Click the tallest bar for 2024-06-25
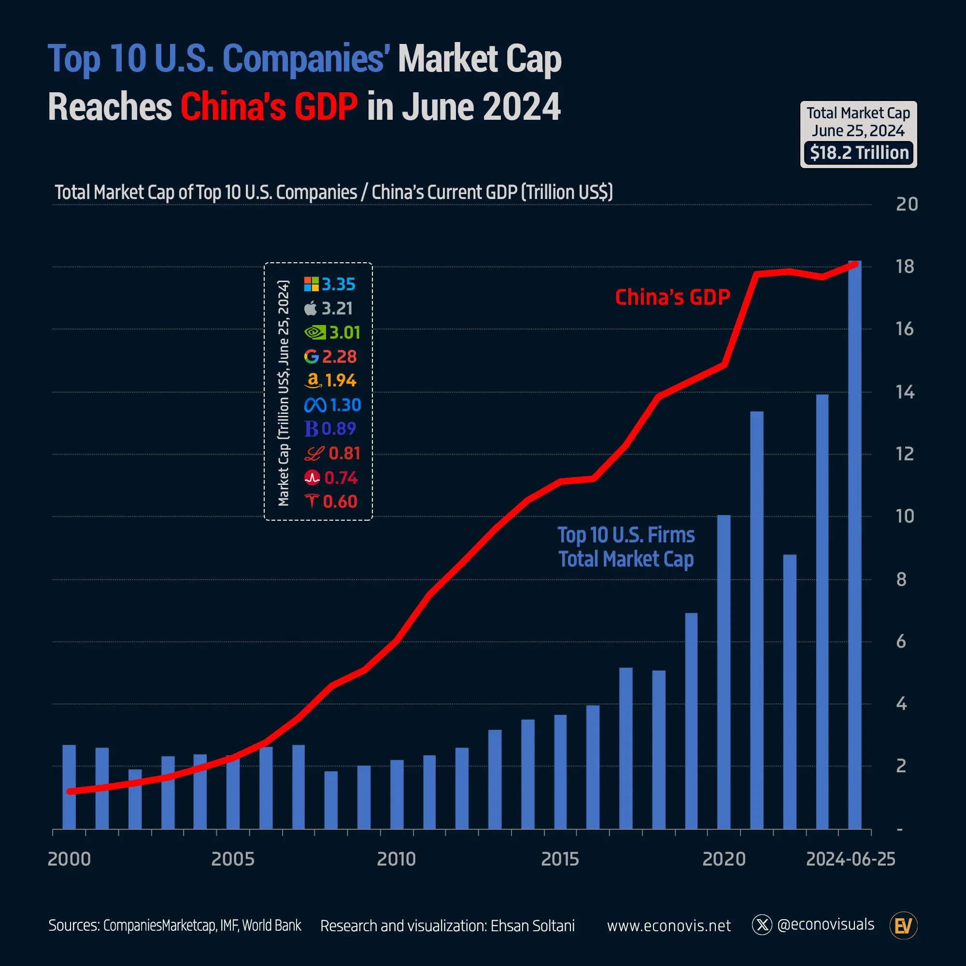854,545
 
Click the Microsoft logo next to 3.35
311,284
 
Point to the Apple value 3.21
337,309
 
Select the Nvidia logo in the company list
314,332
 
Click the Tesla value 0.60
340,501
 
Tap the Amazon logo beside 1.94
313,381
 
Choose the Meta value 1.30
345,405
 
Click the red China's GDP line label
672,297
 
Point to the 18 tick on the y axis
905,267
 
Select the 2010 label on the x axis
396,859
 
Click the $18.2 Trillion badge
858,153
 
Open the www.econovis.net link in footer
668,925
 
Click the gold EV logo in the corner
903,925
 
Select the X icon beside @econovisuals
762,925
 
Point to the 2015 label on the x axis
560,859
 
